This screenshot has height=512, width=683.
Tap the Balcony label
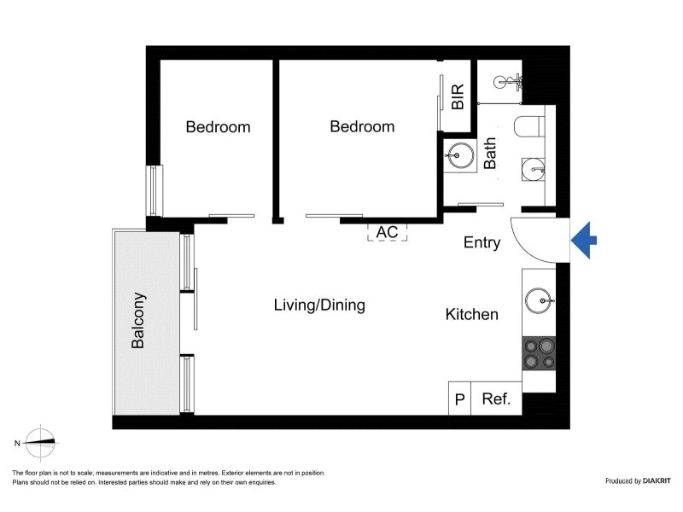tap(138, 321)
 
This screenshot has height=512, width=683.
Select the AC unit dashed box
tap(387, 232)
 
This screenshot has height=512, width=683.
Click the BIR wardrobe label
tap(458, 96)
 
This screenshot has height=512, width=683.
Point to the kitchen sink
tap(540, 301)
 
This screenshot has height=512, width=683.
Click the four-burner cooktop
tap(539, 353)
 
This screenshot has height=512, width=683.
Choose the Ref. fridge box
tap(496, 399)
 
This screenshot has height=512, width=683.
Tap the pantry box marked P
tap(459, 399)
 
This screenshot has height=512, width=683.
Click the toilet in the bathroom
tap(529, 126)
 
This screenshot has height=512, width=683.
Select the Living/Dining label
tap(319, 305)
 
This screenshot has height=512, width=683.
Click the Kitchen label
tap(472, 314)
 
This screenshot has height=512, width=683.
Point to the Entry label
tap(482, 242)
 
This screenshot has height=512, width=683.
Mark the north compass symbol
tap(40, 443)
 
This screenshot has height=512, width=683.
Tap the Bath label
tap(490, 153)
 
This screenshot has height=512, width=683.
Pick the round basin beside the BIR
tap(460, 155)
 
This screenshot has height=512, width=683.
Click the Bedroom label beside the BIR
tap(362, 126)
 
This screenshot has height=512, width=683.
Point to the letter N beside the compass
tap(17, 443)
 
